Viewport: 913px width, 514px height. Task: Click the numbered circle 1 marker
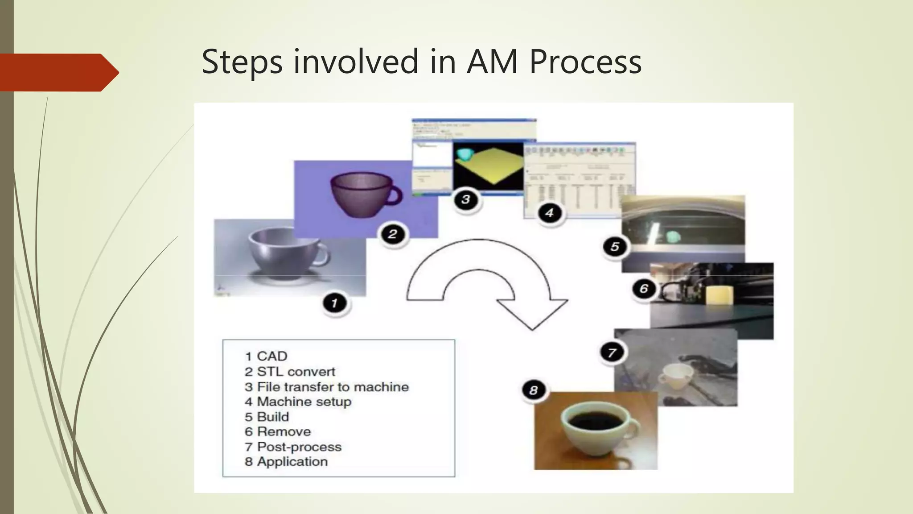tap(334, 304)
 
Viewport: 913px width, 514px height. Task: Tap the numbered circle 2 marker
tap(393, 234)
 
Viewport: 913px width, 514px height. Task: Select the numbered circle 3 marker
tap(466, 199)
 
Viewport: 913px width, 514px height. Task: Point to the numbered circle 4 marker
tap(549, 213)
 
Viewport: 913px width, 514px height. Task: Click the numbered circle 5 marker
tap(615, 246)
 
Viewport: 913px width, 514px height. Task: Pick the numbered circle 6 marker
tap(644, 289)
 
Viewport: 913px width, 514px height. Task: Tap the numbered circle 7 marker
tap(612, 352)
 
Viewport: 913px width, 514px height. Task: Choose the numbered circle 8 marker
tap(534, 390)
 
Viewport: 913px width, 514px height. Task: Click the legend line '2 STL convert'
tap(290, 372)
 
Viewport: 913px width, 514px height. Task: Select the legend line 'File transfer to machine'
tap(326, 387)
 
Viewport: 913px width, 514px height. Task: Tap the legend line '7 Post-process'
tap(293, 447)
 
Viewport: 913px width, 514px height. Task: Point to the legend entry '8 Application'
tap(286, 462)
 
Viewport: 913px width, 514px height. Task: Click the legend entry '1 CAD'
tap(266, 356)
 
